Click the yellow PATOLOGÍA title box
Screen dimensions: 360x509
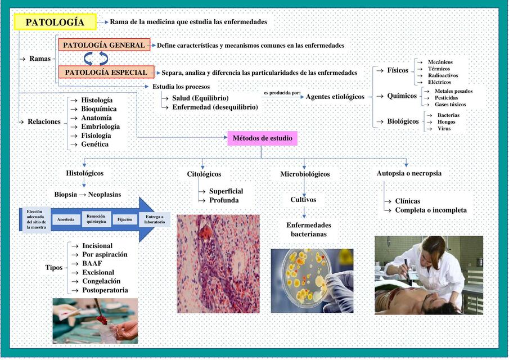point(55,22)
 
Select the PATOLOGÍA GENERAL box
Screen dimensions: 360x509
point(104,45)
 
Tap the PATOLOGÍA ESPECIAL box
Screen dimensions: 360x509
point(106,72)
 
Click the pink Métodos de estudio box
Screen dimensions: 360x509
point(262,138)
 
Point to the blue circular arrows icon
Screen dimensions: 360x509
point(96,58)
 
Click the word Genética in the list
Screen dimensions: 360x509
point(94,145)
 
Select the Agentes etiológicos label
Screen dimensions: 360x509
point(335,97)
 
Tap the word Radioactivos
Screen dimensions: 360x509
point(443,75)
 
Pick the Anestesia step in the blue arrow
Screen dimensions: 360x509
point(65,219)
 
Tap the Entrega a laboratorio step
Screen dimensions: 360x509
point(155,219)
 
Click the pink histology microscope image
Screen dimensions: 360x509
point(218,263)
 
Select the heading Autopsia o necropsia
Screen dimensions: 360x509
point(409,173)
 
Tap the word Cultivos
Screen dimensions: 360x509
point(303,200)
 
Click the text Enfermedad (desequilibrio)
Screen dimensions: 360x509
point(215,107)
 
